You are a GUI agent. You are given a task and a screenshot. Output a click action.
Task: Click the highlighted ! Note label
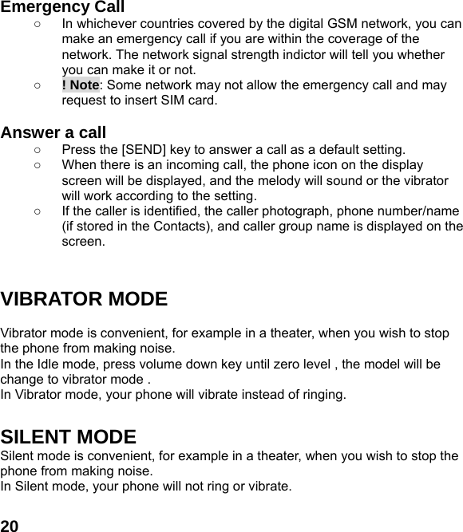[x=80, y=85]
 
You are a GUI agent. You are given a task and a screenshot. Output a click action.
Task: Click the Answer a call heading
[x=53, y=132]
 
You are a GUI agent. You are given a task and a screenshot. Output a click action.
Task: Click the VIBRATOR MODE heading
[x=84, y=300]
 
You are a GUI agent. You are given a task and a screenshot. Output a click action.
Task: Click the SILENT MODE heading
[x=69, y=437]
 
